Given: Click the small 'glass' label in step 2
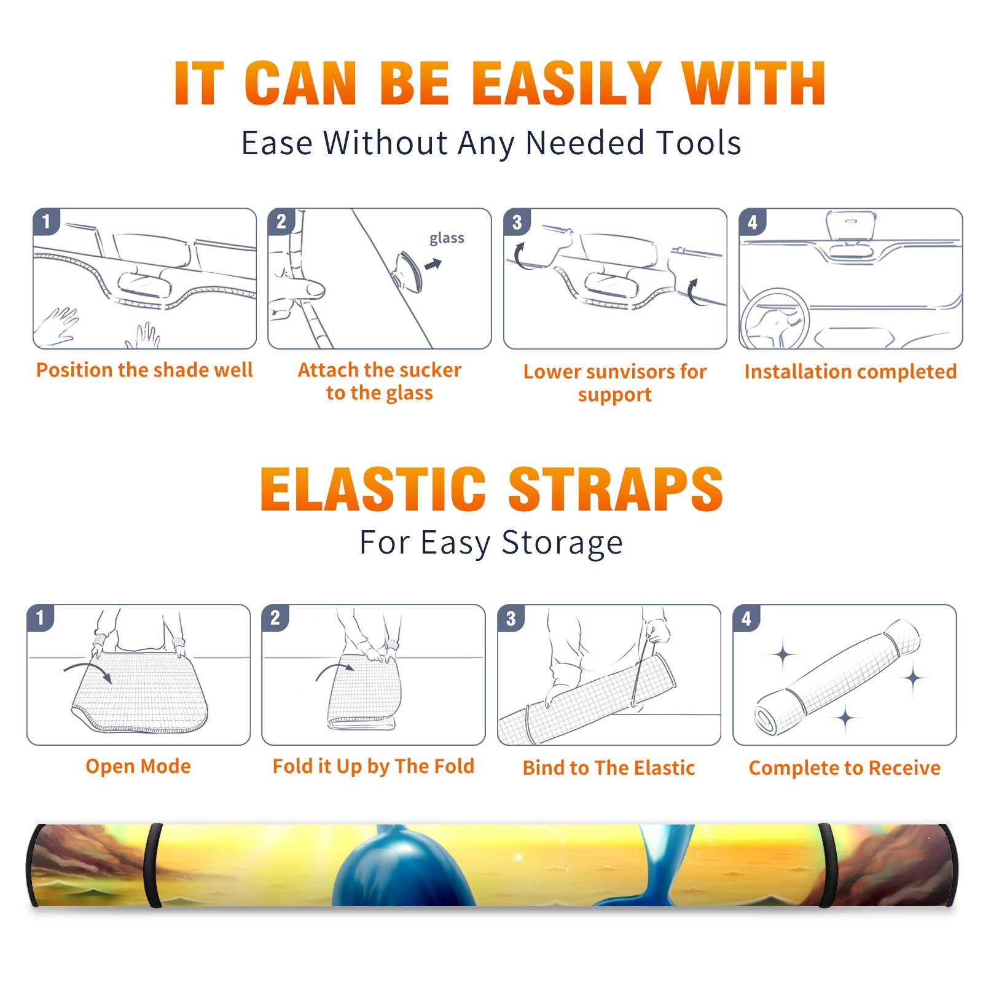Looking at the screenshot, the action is pos(447,238).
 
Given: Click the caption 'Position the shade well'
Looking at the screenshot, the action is pos(144,370).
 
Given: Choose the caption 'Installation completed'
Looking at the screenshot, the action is pos(850,371).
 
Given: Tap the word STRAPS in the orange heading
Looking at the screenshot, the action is pos(616,489).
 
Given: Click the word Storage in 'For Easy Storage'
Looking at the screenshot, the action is pos(562,543).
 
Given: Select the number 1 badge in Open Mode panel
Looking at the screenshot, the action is pos(41,618).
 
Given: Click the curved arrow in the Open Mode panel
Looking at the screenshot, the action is pos(87,671).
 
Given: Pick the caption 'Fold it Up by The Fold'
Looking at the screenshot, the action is pos(374,767).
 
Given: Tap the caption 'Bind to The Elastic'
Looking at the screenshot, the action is pos(609,768).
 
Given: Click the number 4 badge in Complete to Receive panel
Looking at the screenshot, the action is pos(746,618).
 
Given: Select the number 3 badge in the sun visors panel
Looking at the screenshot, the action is pos(517,222).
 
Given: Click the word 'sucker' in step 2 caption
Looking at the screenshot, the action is pos(430,370).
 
